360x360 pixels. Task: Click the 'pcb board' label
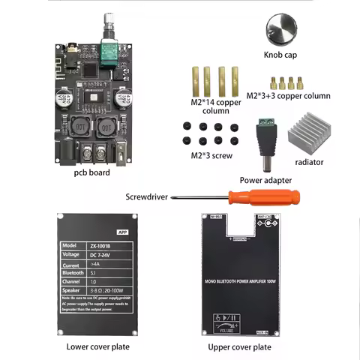[x=91, y=173]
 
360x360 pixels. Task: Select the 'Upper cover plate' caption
[x=241, y=347]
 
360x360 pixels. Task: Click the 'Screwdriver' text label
[x=148, y=197]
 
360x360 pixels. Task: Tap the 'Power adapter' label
[x=266, y=180]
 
